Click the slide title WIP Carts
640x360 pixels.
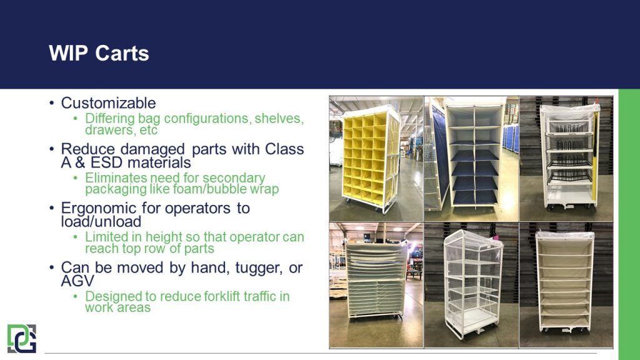99,53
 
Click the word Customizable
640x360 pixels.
108,103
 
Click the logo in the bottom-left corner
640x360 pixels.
22,338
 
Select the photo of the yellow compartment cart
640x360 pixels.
376,159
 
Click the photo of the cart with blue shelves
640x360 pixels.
471,159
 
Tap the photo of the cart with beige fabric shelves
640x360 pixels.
566,284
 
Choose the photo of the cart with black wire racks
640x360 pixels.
566,159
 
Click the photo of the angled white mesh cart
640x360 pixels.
471,284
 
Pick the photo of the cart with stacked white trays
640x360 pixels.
376,284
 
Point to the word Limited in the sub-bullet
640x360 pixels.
106,237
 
